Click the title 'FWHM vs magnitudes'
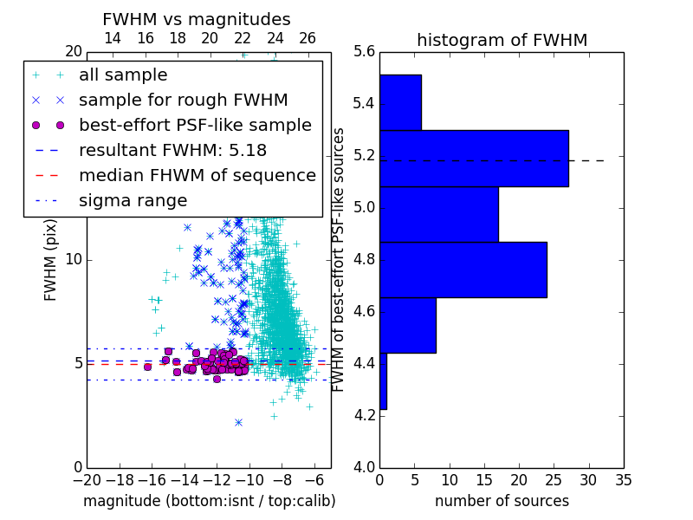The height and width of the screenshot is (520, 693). pyautogui.click(x=197, y=19)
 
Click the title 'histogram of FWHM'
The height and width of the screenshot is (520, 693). pyautogui.click(x=502, y=40)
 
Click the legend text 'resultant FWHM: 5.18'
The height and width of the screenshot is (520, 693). pyautogui.click(x=172, y=150)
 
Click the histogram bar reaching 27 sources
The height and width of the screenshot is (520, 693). pyautogui.click(x=474, y=159)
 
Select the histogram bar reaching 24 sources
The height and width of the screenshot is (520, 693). pyautogui.click(x=463, y=270)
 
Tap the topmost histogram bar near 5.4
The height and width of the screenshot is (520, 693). pyautogui.click(x=401, y=102)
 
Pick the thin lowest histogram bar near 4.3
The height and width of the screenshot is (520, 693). pyautogui.click(x=384, y=381)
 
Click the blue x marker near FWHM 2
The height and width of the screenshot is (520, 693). pyautogui.click(x=239, y=423)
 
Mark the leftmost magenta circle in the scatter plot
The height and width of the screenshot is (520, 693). pyautogui.click(x=147, y=367)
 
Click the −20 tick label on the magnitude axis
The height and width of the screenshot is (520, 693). pyautogui.click(x=87, y=480)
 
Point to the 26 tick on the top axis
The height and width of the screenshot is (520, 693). pyautogui.click(x=308, y=38)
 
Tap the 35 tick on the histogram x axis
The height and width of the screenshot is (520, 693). pyautogui.click(x=624, y=480)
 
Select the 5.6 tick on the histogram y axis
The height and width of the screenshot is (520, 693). pyautogui.click(x=365, y=52)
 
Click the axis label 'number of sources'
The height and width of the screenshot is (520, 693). pyautogui.click(x=502, y=501)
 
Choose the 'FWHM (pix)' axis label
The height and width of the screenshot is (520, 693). pyautogui.click(x=50, y=261)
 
